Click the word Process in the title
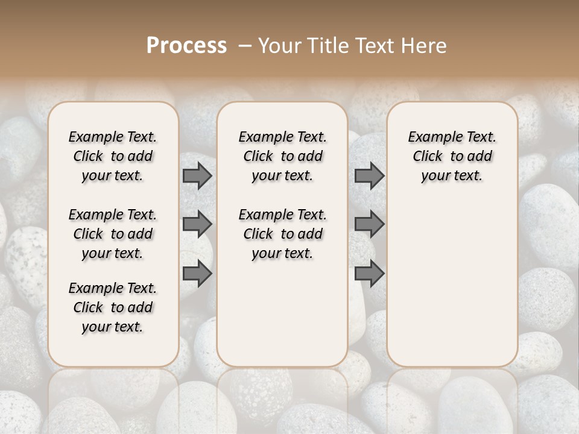click(x=186, y=45)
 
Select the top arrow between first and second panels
click(x=197, y=176)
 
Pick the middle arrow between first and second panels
click(x=197, y=224)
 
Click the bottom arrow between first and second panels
click(x=197, y=273)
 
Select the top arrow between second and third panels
click(x=369, y=176)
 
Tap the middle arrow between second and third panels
click(x=369, y=224)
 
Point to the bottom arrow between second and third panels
click(x=369, y=273)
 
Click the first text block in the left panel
click(x=113, y=156)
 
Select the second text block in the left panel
click(x=113, y=234)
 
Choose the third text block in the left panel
click(x=113, y=307)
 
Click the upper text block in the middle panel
click(x=282, y=156)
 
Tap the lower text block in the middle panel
click(x=282, y=234)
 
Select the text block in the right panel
click(x=452, y=156)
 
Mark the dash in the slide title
click(x=245, y=45)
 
